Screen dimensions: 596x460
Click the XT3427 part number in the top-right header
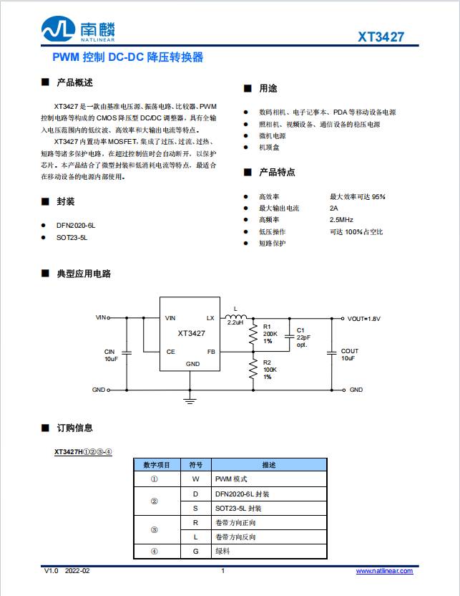click(382, 37)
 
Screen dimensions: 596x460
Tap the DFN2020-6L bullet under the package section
click(75, 225)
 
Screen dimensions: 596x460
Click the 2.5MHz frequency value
click(341, 220)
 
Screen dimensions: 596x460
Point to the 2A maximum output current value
click(334, 208)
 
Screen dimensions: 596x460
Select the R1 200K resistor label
click(270, 334)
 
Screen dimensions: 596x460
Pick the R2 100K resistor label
click(270, 370)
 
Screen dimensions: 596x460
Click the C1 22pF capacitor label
click(303, 337)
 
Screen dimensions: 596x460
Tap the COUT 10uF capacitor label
click(349, 355)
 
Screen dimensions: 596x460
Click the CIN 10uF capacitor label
click(110, 355)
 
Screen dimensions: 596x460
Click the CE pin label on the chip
click(170, 352)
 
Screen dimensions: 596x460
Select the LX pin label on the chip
click(210, 317)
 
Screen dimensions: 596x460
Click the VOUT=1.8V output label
click(364, 318)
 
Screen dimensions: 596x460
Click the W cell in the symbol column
click(195, 478)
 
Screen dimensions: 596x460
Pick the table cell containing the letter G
click(195, 551)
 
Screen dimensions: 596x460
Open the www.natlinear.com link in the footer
click(384, 571)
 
